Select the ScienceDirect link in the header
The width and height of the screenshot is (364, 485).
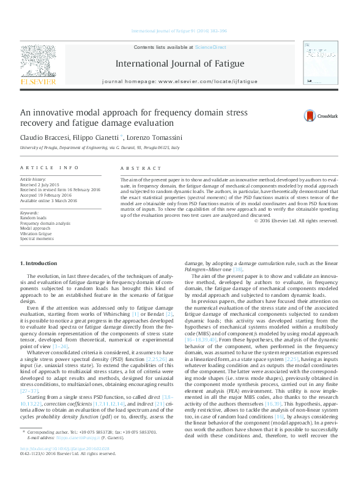(210, 47)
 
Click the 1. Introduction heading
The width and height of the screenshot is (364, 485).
(39, 263)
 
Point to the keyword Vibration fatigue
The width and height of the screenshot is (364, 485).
(37, 233)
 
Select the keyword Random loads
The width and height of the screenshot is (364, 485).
(33, 217)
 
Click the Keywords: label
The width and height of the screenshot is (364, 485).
(29, 213)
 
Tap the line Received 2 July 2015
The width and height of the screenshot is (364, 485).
(40, 184)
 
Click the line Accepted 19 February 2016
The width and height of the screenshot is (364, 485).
(45, 195)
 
